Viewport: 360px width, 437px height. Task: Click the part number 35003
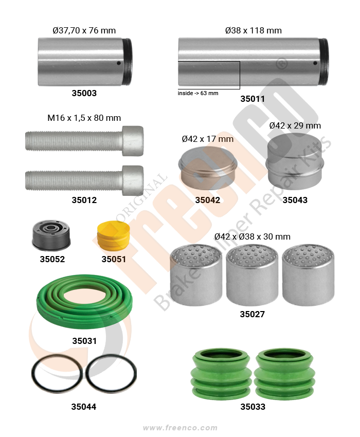(84, 93)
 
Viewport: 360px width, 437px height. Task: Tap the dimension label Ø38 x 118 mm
(253, 30)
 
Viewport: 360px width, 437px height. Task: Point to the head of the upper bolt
(133, 141)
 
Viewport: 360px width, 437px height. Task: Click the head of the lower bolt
(133, 180)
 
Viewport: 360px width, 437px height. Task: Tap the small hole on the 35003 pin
(118, 63)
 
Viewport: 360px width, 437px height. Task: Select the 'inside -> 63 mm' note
(198, 94)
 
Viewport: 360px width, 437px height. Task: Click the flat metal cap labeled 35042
(208, 169)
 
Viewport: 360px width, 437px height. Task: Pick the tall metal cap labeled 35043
(295, 160)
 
